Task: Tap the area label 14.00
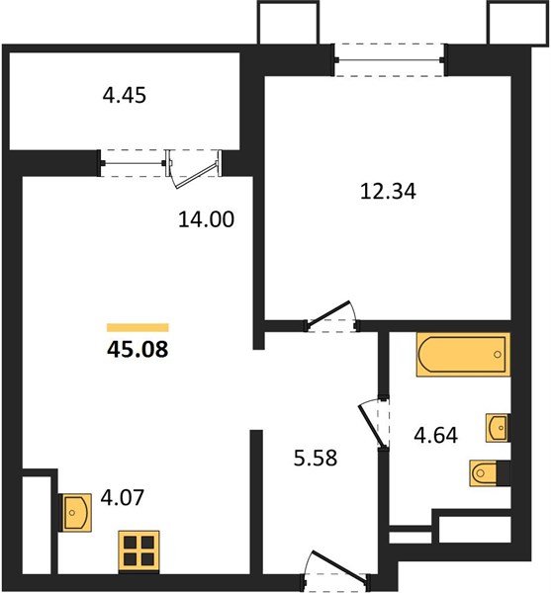pos(208,220)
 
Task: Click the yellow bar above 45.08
pos(138,327)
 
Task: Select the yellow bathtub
pos(462,356)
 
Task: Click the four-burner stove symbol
pos(138,551)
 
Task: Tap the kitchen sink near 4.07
pos(77,512)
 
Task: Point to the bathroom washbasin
pos(498,428)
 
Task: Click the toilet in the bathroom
pos(488,475)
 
